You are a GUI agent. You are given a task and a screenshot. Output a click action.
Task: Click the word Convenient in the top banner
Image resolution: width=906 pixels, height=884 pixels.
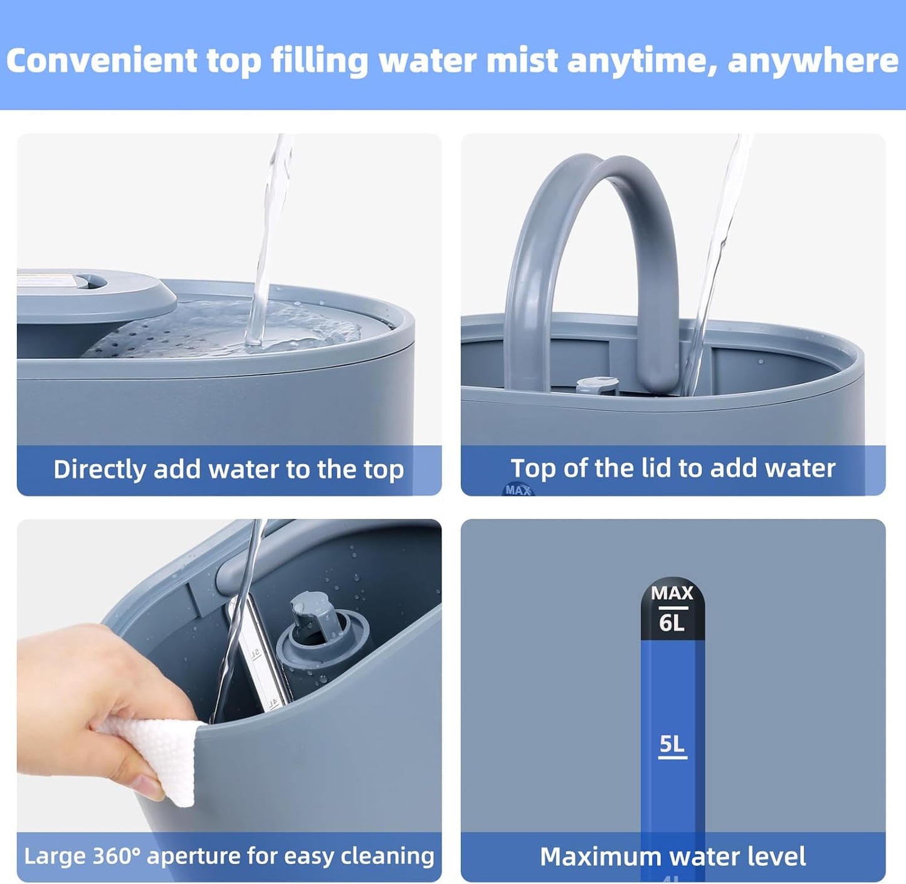pyautogui.click(x=102, y=60)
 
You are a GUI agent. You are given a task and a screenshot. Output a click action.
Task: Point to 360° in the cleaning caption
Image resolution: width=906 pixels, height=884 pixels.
pyautogui.click(x=117, y=856)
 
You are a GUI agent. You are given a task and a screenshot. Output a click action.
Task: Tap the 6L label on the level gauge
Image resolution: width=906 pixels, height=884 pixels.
pyautogui.click(x=672, y=623)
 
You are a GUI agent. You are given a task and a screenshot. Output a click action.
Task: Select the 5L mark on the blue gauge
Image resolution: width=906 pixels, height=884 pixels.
pyautogui.click(x=672, y=744)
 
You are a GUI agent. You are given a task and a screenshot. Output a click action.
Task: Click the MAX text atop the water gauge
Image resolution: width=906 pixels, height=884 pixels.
pyautogui.click(x=672, y=593)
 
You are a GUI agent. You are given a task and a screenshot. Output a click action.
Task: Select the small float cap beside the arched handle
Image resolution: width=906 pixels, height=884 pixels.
pyautogui.click(x=597, y=386)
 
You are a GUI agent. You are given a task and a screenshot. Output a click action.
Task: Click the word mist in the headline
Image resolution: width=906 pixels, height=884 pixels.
pyautogui.click(x=522, y=60)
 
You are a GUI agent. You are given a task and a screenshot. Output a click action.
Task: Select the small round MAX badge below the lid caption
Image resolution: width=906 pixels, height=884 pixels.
pyautogui.click(x=518, y=489)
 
